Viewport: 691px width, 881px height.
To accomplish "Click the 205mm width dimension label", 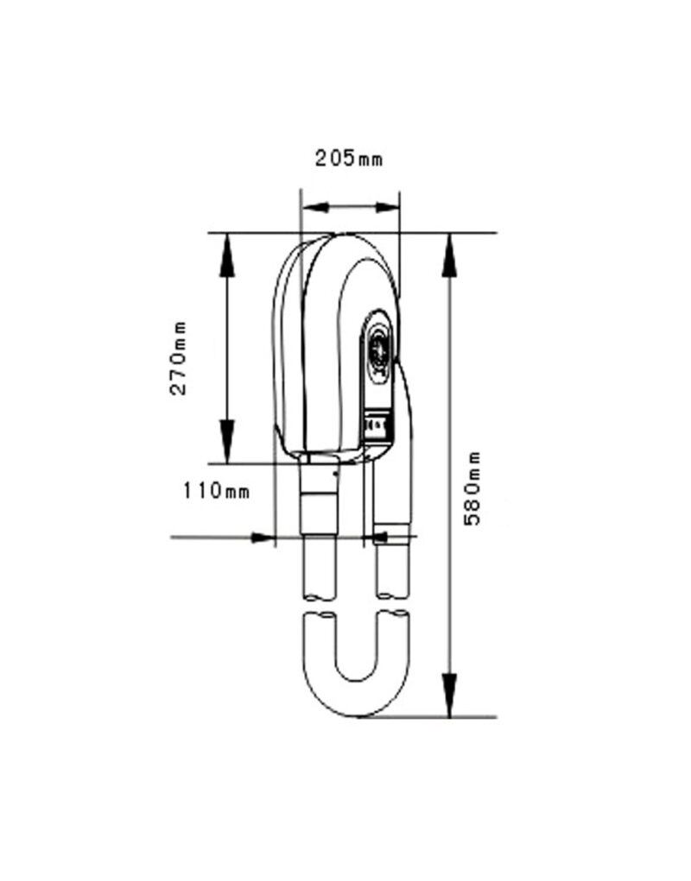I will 348,158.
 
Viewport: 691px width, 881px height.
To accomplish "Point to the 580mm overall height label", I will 473,488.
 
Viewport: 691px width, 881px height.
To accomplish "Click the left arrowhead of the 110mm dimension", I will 263,538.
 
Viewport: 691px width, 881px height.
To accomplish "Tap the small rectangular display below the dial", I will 377,426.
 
